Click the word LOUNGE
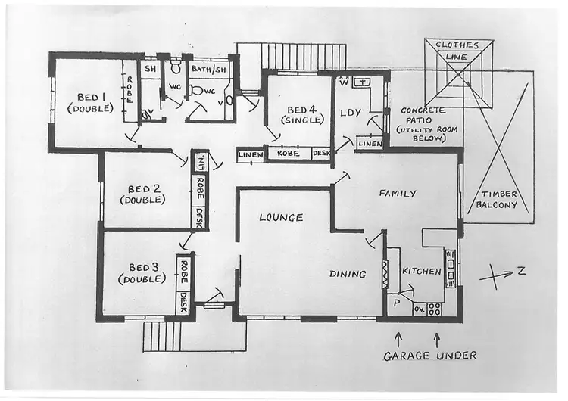click(281, 217)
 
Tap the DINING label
click(348, 273)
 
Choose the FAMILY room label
click(398, 194)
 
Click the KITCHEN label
click(421, 272)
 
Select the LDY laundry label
click(350, 113)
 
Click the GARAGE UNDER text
click(429, 355)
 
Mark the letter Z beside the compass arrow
click(521, 271)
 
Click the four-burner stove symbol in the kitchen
click(435, 309)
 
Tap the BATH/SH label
click(209, 69)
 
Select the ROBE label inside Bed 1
click(130, 91)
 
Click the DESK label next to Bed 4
click(321, 153)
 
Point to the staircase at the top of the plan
click(303, 56)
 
